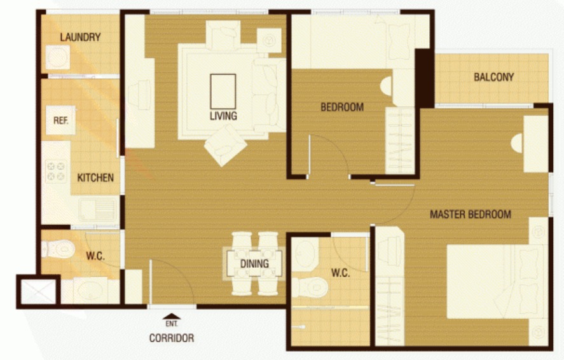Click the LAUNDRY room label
(80, 37)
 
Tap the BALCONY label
(493, 77)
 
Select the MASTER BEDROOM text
(471, 214)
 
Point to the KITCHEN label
(95, 177)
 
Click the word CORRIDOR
(172, 338)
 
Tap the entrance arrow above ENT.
(172, 317)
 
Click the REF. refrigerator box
(61, 120)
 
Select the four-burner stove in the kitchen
(56, 171)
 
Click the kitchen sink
(98, 209)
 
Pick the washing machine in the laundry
(58, 57)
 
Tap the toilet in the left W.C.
(58, 249)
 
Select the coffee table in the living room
(223, 92)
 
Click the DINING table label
(255, 263)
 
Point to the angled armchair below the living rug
(226, 145)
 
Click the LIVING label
(223, 116)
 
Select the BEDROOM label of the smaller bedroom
(342, 107)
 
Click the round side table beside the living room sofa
(269, 40)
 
